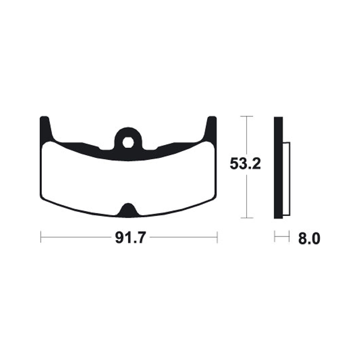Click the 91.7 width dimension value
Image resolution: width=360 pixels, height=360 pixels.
point(129,238)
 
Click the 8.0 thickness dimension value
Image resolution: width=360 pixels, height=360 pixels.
point(308,238)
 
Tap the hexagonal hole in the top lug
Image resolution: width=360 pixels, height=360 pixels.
point(128,142)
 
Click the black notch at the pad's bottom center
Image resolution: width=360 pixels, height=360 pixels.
point(128,210)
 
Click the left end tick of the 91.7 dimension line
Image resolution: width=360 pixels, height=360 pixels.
point(41,237)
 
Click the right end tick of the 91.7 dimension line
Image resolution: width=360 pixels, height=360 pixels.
point(217,237)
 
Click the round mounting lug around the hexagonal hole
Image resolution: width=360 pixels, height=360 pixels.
point(128,134)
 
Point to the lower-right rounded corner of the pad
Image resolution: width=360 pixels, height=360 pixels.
point(211,198)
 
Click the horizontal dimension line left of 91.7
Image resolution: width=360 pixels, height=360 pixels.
point(76,237)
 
